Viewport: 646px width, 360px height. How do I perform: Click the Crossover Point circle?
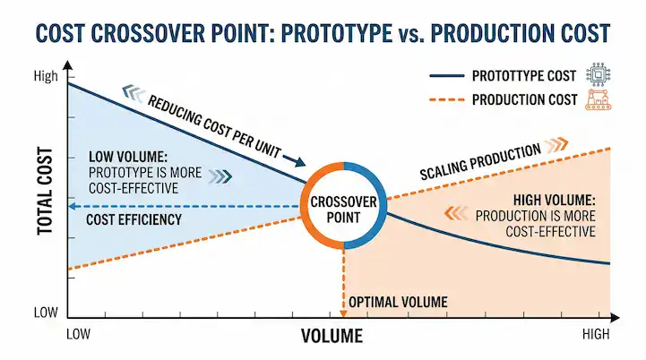(344, 205)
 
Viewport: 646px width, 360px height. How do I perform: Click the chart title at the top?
(323, 34)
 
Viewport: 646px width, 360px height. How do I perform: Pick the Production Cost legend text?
(524, 99)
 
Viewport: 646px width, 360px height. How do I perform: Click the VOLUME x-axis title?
(332, 337)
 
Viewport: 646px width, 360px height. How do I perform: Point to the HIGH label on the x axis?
(597, 334)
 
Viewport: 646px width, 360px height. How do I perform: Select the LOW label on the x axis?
(81, 334)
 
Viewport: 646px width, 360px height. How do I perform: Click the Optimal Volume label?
(397, 303)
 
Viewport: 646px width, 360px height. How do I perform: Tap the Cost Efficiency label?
(134, 219)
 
